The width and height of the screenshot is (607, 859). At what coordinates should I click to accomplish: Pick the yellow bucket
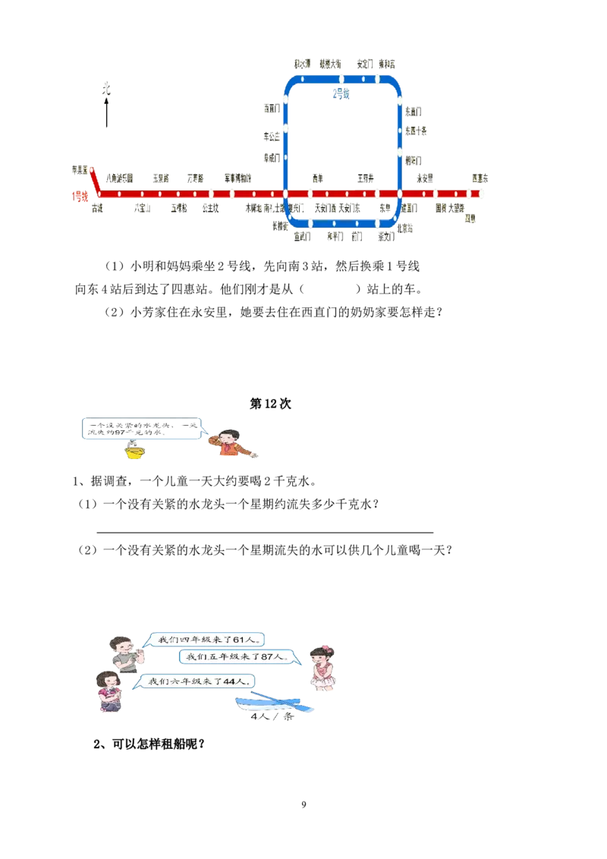click(134, 453)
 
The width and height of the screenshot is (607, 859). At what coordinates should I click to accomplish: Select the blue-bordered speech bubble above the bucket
click(142, 428)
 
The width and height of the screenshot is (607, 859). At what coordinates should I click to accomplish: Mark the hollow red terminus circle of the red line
click(91, 170)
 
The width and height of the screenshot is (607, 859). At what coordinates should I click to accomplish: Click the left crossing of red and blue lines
click(286, 194)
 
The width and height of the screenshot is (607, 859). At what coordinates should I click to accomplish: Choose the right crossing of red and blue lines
click(400, 194)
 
